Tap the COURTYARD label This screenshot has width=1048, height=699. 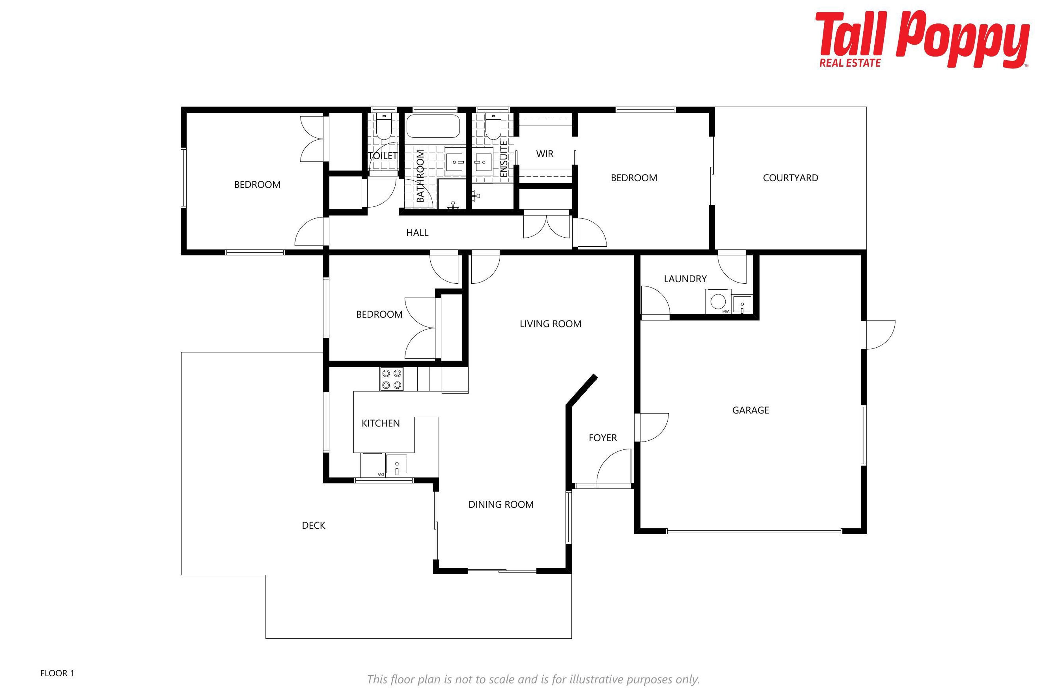point(790,178)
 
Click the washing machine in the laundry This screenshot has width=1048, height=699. point(718,302)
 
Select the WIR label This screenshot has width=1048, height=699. point(544,154)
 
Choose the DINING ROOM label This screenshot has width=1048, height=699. point(501,505)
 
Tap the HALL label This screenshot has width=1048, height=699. point(417,233)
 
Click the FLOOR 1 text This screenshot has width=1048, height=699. point(57,673)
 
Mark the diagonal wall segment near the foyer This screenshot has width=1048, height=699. point(582,390)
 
